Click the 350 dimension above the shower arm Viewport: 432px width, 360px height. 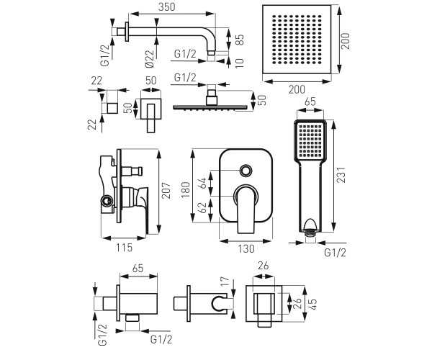pyautogui.click(x=166, y=7)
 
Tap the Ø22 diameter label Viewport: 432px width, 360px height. pyautogui.click(x=149, y=58)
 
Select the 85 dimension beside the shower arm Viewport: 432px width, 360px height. pyautogui.click(x=240, y=40)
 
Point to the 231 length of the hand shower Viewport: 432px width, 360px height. pyautogui.click(x=341, y=175)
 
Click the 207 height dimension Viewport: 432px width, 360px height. pyautogui.click(x=166, y=191)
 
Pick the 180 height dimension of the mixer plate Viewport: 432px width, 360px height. pyautogui.click(x=186, y=189)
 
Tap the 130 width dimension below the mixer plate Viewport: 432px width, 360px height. pyautogui.click(x=246, y=249)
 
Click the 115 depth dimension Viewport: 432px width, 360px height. pyautogui.click(x=124, y=248)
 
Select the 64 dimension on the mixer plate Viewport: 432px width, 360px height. pyautogui.click(x=202, y=183)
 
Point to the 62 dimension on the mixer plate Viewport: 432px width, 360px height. pyautogui.click(x=202, y=207)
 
